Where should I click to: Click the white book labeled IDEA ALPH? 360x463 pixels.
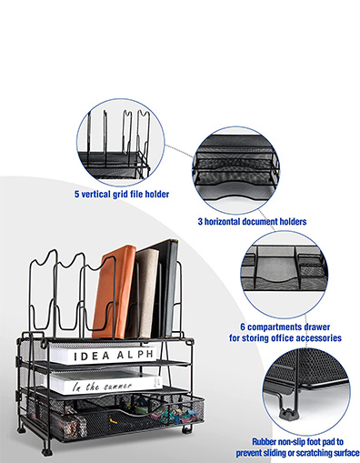tap(103, 355)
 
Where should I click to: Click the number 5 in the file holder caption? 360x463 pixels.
tap(77, 194)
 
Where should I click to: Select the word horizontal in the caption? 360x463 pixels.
tap(231, 222)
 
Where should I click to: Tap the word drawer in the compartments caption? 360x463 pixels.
tap(317, 327)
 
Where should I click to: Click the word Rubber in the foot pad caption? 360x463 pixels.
tap(265, 441)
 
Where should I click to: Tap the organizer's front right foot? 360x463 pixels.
tap(187, 428)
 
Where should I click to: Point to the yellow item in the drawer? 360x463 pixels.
tap(113, 420)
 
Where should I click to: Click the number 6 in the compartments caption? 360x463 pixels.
tap(243, 327)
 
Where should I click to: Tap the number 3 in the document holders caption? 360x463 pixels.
tap(200, 222)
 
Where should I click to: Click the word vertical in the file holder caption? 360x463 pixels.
tap(96, 194)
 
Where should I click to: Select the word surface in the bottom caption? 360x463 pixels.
tap(348, 453)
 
